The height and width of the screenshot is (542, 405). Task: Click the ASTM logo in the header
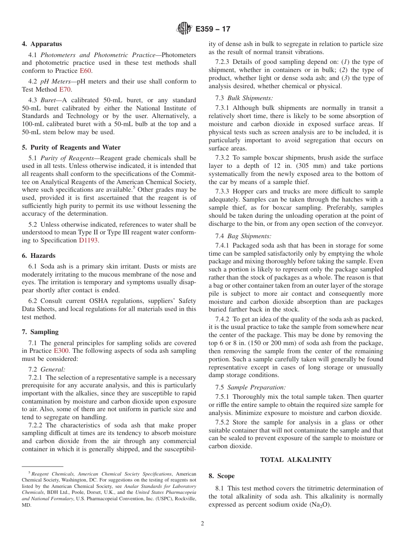(184, 29)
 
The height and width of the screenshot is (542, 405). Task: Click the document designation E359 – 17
(213, 29)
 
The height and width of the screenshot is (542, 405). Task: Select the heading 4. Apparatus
(42, 44)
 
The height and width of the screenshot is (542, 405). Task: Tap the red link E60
(85, 71)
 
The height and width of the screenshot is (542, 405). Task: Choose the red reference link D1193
(88, 240)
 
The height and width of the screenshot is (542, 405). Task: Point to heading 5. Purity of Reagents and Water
(71, 147)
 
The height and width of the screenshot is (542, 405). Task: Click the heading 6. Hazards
(38, 256)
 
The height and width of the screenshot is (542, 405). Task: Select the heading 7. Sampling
(40, 332)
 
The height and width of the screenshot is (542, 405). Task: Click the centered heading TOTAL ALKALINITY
(295, 459)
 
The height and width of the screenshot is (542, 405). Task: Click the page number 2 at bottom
(202, 524)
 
